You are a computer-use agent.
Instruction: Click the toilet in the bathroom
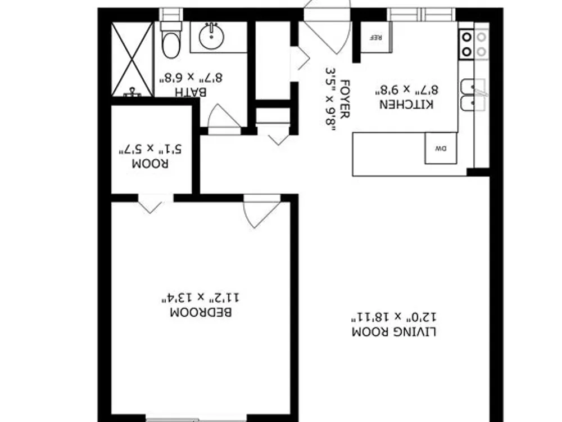click(171, 40)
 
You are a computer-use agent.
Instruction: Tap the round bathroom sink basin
click(211, 36)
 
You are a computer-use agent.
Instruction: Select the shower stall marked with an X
click(132, 59)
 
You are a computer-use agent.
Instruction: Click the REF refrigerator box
click(376, 37)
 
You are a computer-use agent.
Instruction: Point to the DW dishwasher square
click(441, 148)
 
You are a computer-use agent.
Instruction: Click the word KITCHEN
click(406, 105)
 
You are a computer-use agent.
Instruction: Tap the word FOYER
click(344, 99)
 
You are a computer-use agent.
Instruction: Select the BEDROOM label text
click(201, 312)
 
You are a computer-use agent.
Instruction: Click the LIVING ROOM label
click(394, 332)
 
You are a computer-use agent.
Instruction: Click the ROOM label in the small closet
click(150, 164)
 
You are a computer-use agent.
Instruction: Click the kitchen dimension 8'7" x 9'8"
click(406, 89)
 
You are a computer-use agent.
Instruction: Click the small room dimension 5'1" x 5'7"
click(150, 149)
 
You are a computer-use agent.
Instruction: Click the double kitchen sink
click(473, 94)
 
